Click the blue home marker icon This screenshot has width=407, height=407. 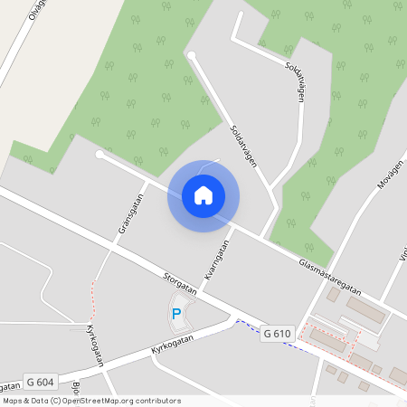pos(203,195)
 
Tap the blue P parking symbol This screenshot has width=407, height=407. pos(176,314)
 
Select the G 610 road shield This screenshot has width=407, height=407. pos(277,334)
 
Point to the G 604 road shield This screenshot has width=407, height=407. pos(40,382)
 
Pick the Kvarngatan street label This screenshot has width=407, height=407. pos(218,263)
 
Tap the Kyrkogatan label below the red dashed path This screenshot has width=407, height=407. pos(95,345)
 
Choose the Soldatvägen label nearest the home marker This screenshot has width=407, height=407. pos(244,146)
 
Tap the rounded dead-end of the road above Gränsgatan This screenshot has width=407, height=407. pos(99,156)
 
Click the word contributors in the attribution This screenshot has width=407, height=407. pos(156,400)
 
